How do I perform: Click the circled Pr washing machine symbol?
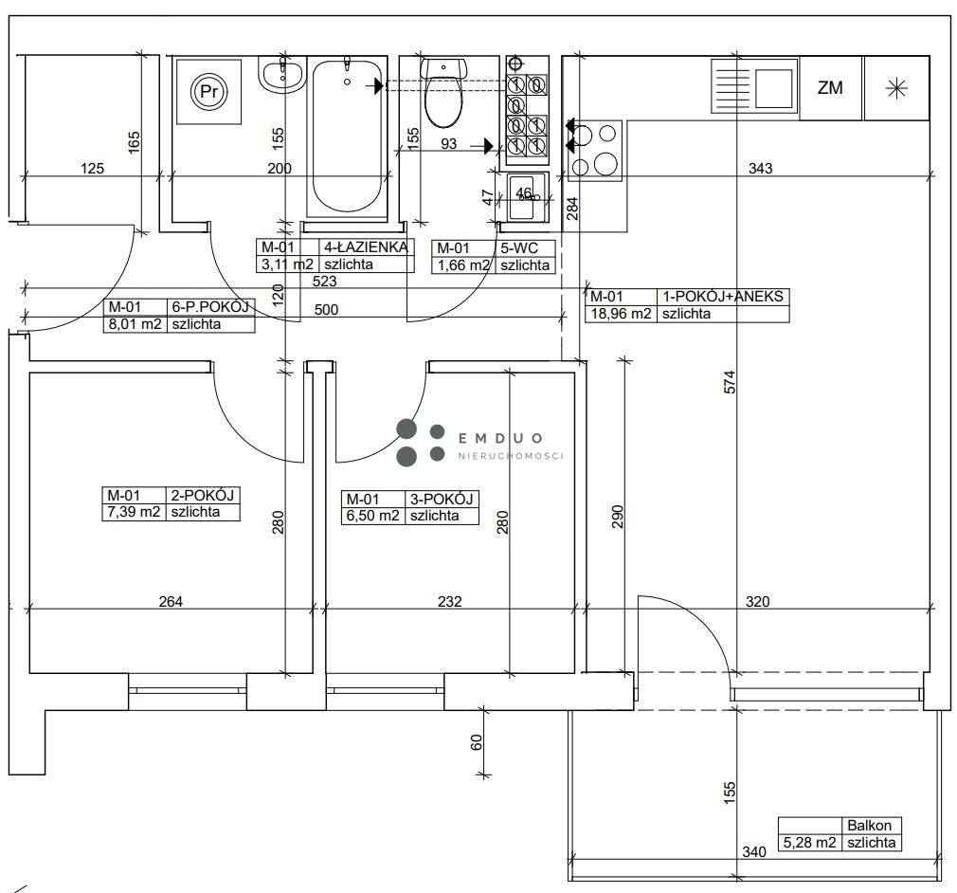(x=208, y=92)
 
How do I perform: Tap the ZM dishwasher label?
(x=830, y=88)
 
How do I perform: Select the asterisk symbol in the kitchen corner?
(x=896, y=89)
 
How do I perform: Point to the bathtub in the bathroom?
(x=347, y=137)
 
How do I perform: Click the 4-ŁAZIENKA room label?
(x=366, y=247)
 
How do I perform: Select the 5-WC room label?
(x=519, y=248)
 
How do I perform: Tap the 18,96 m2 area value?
(x=620, y=314)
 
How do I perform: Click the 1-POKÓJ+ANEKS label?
(x=723, y=297)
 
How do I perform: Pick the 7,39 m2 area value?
(x=134, y=512)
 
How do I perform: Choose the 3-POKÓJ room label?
(x=442, y=499)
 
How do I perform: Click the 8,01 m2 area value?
(x=135, y=324)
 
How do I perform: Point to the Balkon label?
(x=869, y=825)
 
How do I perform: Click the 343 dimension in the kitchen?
(x=761, y=168)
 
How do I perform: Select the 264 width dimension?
(x=171, y=602)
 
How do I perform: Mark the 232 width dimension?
(x=449, y=602)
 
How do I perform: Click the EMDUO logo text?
(x=500, y=438)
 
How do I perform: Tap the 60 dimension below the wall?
(x=477, y=742)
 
